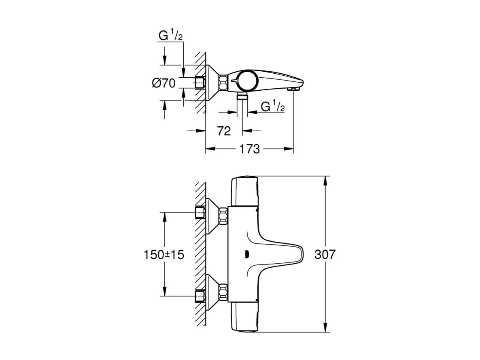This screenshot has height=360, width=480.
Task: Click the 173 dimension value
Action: pyautogui.click(x=249, y=149)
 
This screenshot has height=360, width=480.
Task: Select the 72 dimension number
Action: pyautogui.click(x=223, y=131)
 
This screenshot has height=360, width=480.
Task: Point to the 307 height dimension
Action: pyautogui.click(x=325, y=255)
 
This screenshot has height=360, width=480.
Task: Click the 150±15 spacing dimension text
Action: pyautogui.click(x=164, y=255)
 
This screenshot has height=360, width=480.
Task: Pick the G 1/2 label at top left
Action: pyautogui.click(x=170, y=36)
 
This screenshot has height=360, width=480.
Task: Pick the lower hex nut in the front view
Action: pyautogui.click(x=223, y=292)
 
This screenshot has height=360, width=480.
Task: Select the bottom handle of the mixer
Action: pyautogui.click(x=243, y=318)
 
